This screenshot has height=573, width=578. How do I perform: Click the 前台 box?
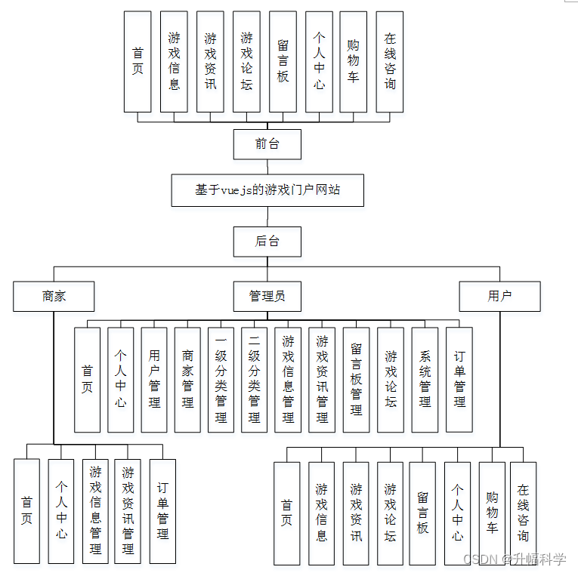(x=267, y=143)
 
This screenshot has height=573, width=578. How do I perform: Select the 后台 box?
(x=267, y=242)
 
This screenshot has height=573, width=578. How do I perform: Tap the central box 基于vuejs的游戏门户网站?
(x=267, y=189)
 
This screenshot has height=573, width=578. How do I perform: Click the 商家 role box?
(x=54, y=296)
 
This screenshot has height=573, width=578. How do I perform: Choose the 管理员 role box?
(x=267, y=296)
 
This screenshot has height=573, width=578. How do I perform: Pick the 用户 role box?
(x=499, y=296)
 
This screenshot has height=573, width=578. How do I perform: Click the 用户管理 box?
(x=154, y=379)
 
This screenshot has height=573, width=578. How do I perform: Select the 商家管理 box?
(x=187, y=379)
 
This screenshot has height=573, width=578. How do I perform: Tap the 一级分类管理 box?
(x=221, y=379)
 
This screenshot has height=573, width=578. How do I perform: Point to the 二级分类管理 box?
(x=254, y=379)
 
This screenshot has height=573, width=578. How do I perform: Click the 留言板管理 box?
(x=356, y=379)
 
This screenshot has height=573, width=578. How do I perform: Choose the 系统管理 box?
(x=425, y=379)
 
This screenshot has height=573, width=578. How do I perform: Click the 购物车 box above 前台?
(x=353, y=62)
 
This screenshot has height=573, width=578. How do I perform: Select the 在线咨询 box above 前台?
(x=389, y=62)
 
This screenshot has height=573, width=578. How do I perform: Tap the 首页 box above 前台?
(x=138, y=62)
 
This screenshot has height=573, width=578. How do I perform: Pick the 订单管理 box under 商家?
(x=162, y=511)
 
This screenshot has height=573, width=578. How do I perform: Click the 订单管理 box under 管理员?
(x=459, y=379)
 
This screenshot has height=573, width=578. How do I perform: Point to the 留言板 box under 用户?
(x=422, y=513)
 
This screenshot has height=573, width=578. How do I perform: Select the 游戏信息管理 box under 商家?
(x=95, y=511)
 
